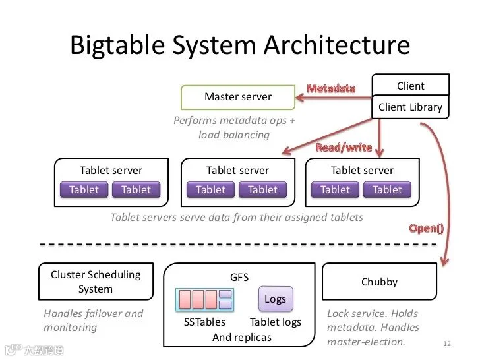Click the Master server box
point(238,98)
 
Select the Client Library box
point(410,107)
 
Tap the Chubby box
point(379,282)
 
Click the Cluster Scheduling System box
point(96,282)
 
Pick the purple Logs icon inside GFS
point(276,299)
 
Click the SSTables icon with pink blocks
point(204,299)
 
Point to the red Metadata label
point(331,88)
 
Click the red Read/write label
point(344,148)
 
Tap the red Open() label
point(427,228)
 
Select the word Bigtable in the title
point(117,45)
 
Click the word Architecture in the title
point(337,45)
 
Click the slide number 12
point(447,344)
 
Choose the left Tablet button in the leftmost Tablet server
point(84,189)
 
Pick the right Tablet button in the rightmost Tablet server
point(387,189)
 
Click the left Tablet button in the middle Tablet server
point(210,189)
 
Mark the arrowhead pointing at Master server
point(299,98)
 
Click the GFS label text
point(239,278)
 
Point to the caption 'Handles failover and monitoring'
point(94,320)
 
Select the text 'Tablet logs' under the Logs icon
point(276,322)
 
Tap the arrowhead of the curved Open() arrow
point(444,262)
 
